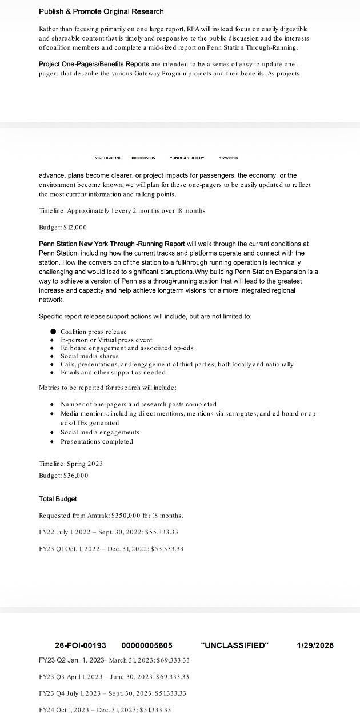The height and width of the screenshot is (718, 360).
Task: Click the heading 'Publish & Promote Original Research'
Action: (101, 11)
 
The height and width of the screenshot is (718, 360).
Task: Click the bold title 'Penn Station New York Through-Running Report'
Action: (111, 244)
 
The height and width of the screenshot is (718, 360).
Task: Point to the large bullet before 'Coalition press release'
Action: (53, 332)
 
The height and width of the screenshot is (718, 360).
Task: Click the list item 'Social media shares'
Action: (90, 356)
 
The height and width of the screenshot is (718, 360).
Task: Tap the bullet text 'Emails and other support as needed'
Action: (113, 372)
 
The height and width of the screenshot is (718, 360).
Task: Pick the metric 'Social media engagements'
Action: (100, 432)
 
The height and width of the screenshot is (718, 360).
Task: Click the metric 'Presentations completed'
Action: (97, 441)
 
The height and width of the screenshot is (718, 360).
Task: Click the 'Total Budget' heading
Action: (58, 499)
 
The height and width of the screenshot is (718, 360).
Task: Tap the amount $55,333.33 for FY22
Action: (161, 532)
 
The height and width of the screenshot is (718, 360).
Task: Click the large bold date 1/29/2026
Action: (315, 645)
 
